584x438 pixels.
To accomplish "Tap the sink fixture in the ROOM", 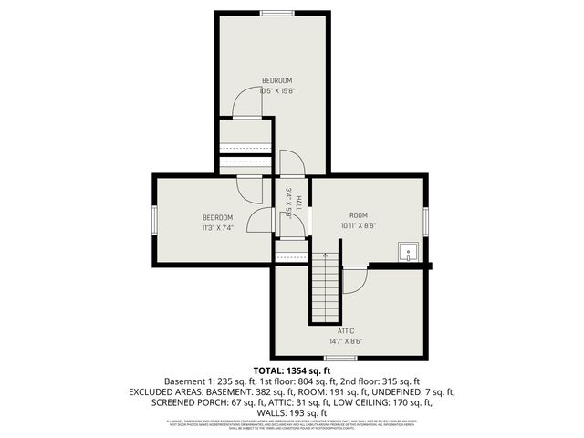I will pyautogui.click(x=407, y=252).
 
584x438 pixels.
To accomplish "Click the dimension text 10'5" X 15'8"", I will pyautogui.click(x=276, y=90).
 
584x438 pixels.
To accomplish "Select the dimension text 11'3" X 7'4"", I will pyautogui.click(x=217, y=228).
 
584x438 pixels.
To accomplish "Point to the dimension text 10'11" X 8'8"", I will pyautogui.click(x=358, y=225).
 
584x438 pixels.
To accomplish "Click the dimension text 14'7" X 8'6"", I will pyautogui.click(x=346, y=341).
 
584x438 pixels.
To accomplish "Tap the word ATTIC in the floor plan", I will pyautogui.click(x=346, y=330).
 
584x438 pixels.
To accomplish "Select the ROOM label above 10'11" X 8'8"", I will pyautogui.click(x=358, y=214).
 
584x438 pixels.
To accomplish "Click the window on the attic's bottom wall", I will pyautogui.click(x=335, y=358).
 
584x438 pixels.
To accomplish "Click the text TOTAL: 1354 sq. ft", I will pyautogui.click(x=292, y=370).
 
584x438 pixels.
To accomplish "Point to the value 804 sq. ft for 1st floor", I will pyautogui.click(x=317, y=381).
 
